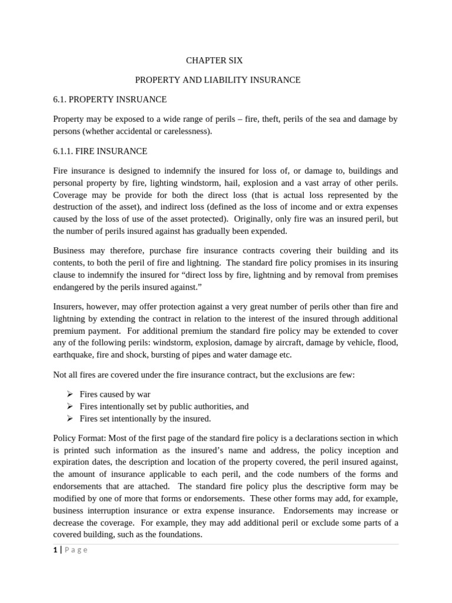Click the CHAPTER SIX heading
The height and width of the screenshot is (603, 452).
click(x=214, y=60)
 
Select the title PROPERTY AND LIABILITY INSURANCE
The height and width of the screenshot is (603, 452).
click(x=218, y=79)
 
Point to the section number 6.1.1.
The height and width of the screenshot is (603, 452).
click(x=65, y=151)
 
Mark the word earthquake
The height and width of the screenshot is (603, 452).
click(x=74, y=354)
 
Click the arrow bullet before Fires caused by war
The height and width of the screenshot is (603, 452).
click(x=69, y=394)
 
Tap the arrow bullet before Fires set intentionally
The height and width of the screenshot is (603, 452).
click(x=69, y=419)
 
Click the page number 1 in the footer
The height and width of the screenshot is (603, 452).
click(x=55, y=549)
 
